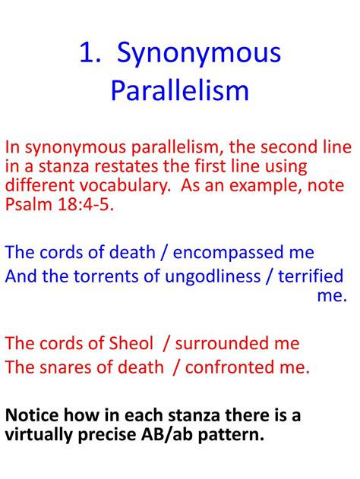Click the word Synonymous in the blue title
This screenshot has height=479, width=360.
coord(205,54)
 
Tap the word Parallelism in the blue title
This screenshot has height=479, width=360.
coord(180,90)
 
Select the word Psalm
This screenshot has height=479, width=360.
coord(28,204)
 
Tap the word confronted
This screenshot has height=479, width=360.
coord(231,367)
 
